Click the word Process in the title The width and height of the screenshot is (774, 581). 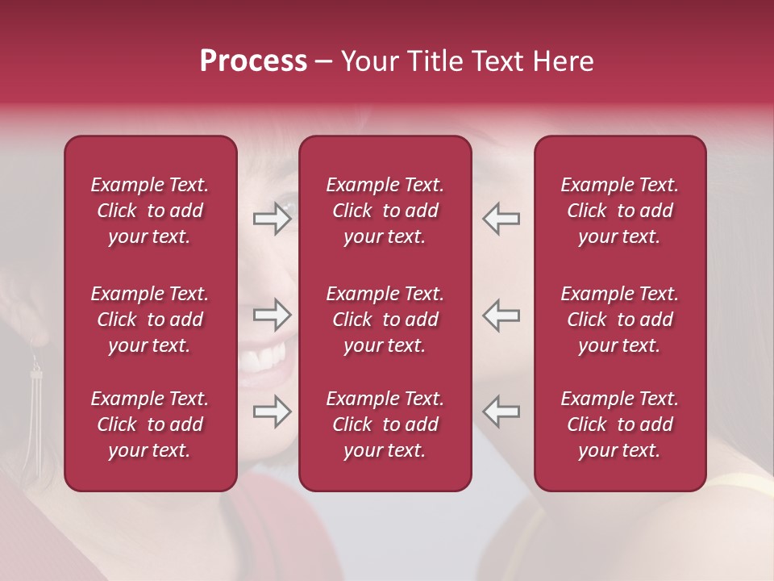click(252, 61)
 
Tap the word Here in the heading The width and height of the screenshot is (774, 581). click(562, 61)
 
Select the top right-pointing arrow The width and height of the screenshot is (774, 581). click(272, 218)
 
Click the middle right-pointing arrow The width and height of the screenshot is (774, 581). click(272, 315)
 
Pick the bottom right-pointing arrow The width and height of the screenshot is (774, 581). click(272, 412)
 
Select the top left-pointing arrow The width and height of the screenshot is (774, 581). click(501, 218)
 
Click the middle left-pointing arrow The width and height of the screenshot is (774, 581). click(501, 315)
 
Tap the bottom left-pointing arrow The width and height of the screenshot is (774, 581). click(501, 412)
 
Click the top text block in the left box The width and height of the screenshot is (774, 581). click(150, 211)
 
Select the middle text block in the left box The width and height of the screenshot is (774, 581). click(150, 320)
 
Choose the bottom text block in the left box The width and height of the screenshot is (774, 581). click(150, 424)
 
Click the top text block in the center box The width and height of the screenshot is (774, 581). click(385, 211)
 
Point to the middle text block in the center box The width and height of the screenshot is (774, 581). click(385, 320)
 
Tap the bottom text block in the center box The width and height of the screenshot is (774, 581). click(385, 424)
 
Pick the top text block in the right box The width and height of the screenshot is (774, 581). click(619, 211)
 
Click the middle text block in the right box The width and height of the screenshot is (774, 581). click(619, 320)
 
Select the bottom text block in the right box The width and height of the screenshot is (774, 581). click(619, 424)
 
